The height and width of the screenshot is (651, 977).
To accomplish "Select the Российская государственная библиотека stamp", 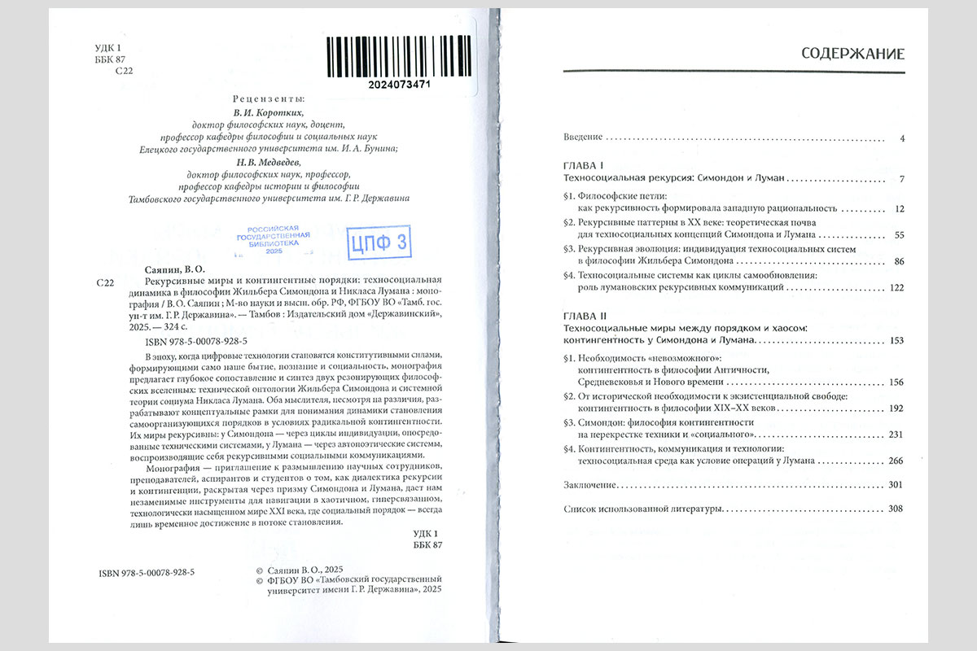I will (273, 240).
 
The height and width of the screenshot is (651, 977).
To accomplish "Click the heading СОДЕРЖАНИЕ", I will (853, 55).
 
